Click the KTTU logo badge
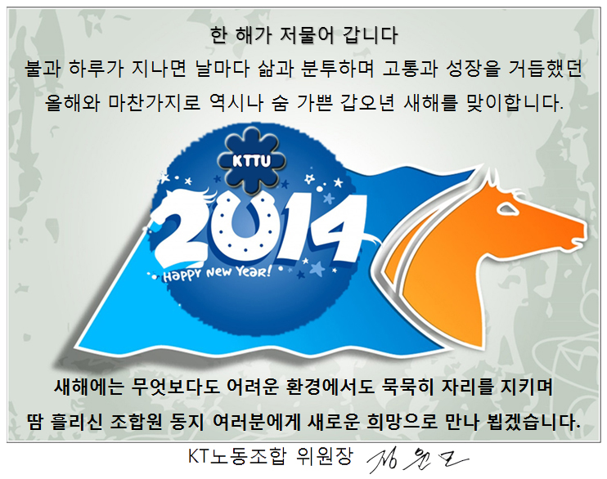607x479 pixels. click(x=252, y=160)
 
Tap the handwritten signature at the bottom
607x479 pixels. click(x=417, y=460)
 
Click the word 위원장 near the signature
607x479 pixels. click(x=325, y=457)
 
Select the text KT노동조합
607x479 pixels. click(x=237, y=457)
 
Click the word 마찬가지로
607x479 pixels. click(x=154, y=102)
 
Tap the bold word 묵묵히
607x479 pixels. click(x=408, y=387)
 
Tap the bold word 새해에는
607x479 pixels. click(x=88, y=387)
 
